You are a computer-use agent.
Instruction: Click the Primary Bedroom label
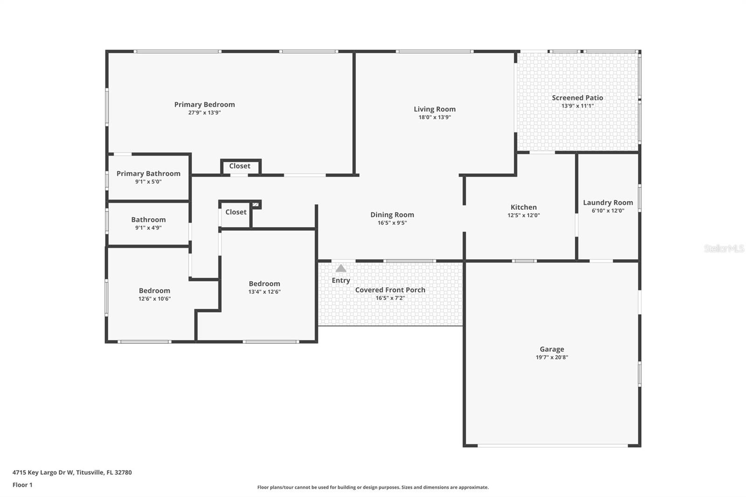point(204,104)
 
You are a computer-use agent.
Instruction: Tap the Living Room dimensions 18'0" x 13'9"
point(435,117)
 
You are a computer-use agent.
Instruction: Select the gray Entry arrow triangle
point(341,269)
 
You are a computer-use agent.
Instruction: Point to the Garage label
point(552,349)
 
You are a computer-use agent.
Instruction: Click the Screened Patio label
point(577,98)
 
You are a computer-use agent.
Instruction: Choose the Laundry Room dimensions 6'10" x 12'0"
point(608,211)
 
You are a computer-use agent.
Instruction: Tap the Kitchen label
point(523,207)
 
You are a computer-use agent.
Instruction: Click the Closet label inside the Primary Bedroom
point(240,166)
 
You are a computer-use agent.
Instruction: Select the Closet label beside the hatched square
point(235,212)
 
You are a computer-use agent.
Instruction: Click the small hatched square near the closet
point(255,205)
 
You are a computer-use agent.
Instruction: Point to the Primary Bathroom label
point(148,173)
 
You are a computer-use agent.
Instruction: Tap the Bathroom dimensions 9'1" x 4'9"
point(148,228)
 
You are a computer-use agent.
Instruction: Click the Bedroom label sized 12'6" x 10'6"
point(154,290)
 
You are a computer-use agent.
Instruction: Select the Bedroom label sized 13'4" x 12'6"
point(264,283)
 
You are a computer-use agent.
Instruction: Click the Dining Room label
point(392,214)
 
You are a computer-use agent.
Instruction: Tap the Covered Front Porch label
point(390,290)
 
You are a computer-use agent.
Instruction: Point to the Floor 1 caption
point(22,485)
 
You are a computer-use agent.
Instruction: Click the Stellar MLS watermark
point(724,248)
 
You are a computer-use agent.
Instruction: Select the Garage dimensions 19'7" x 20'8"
point(552,358)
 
